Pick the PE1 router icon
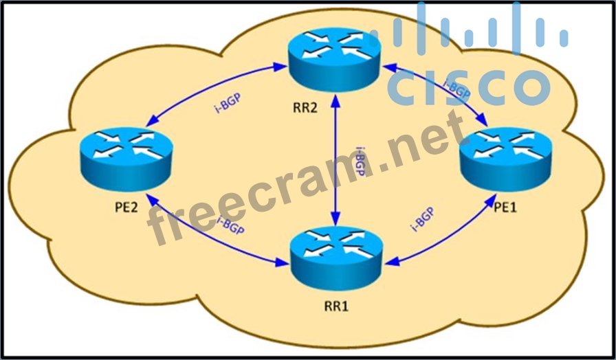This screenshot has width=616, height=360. [505, 158]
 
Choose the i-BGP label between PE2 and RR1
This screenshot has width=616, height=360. [230, 225]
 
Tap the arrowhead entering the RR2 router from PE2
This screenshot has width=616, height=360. [282, 67]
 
